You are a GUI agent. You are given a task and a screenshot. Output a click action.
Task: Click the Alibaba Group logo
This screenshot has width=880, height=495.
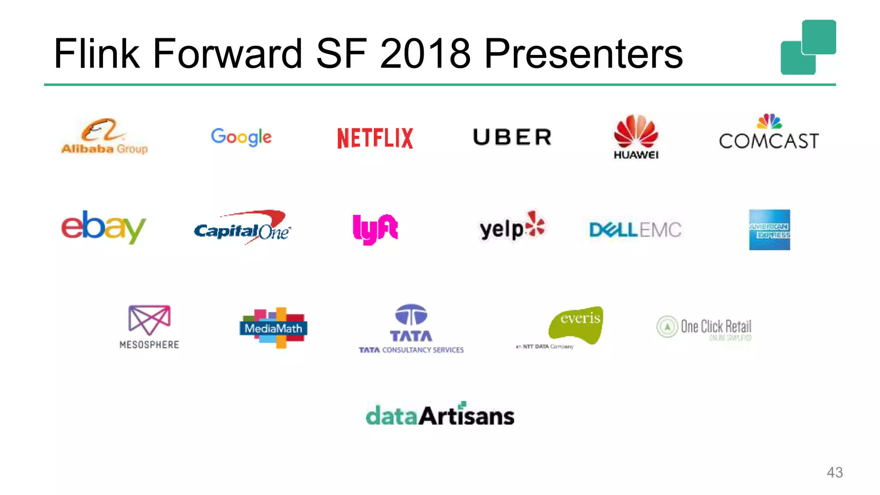[x=104, y=137]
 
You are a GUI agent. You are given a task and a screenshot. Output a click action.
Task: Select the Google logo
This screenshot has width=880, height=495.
[x=241, y=137]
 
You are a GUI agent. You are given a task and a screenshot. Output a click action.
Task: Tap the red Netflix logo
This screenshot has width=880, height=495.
[x=375, y=138]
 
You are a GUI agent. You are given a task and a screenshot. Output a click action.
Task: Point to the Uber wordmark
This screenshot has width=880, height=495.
[x=512, y=137]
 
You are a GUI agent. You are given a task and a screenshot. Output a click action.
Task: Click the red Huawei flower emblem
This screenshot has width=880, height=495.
[x=636, y=131]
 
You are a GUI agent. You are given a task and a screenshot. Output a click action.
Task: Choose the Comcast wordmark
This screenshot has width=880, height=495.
[x=769, y=141]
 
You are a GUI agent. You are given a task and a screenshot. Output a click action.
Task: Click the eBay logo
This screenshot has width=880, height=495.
[x=104, y=226]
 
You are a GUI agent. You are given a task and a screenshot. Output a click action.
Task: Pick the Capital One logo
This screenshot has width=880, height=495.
[x=242, y=228]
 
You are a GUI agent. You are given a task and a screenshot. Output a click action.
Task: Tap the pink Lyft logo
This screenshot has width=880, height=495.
[x=375, y=229]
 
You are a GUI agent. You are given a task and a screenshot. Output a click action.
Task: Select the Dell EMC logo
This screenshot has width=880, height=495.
[x=635, y=230]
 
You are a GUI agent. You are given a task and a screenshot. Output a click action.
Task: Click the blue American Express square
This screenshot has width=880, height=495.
[x=769, y=230]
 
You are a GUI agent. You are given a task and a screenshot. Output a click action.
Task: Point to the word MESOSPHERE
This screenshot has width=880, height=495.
[x=149, y=345]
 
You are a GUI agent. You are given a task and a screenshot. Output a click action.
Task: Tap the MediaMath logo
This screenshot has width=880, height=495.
[x=273, y=328]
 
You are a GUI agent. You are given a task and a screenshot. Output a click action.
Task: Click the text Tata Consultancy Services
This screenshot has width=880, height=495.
[x=411, y=350]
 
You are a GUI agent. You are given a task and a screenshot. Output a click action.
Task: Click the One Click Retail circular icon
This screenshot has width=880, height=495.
[x=667, y=327]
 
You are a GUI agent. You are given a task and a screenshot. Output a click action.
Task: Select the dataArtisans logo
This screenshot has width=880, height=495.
[x=440, y=415]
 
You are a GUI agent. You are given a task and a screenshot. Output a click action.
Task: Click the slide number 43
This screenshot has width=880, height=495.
[x=834, y=472]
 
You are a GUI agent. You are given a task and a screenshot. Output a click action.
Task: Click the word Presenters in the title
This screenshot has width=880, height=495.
[x=584, y=54]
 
